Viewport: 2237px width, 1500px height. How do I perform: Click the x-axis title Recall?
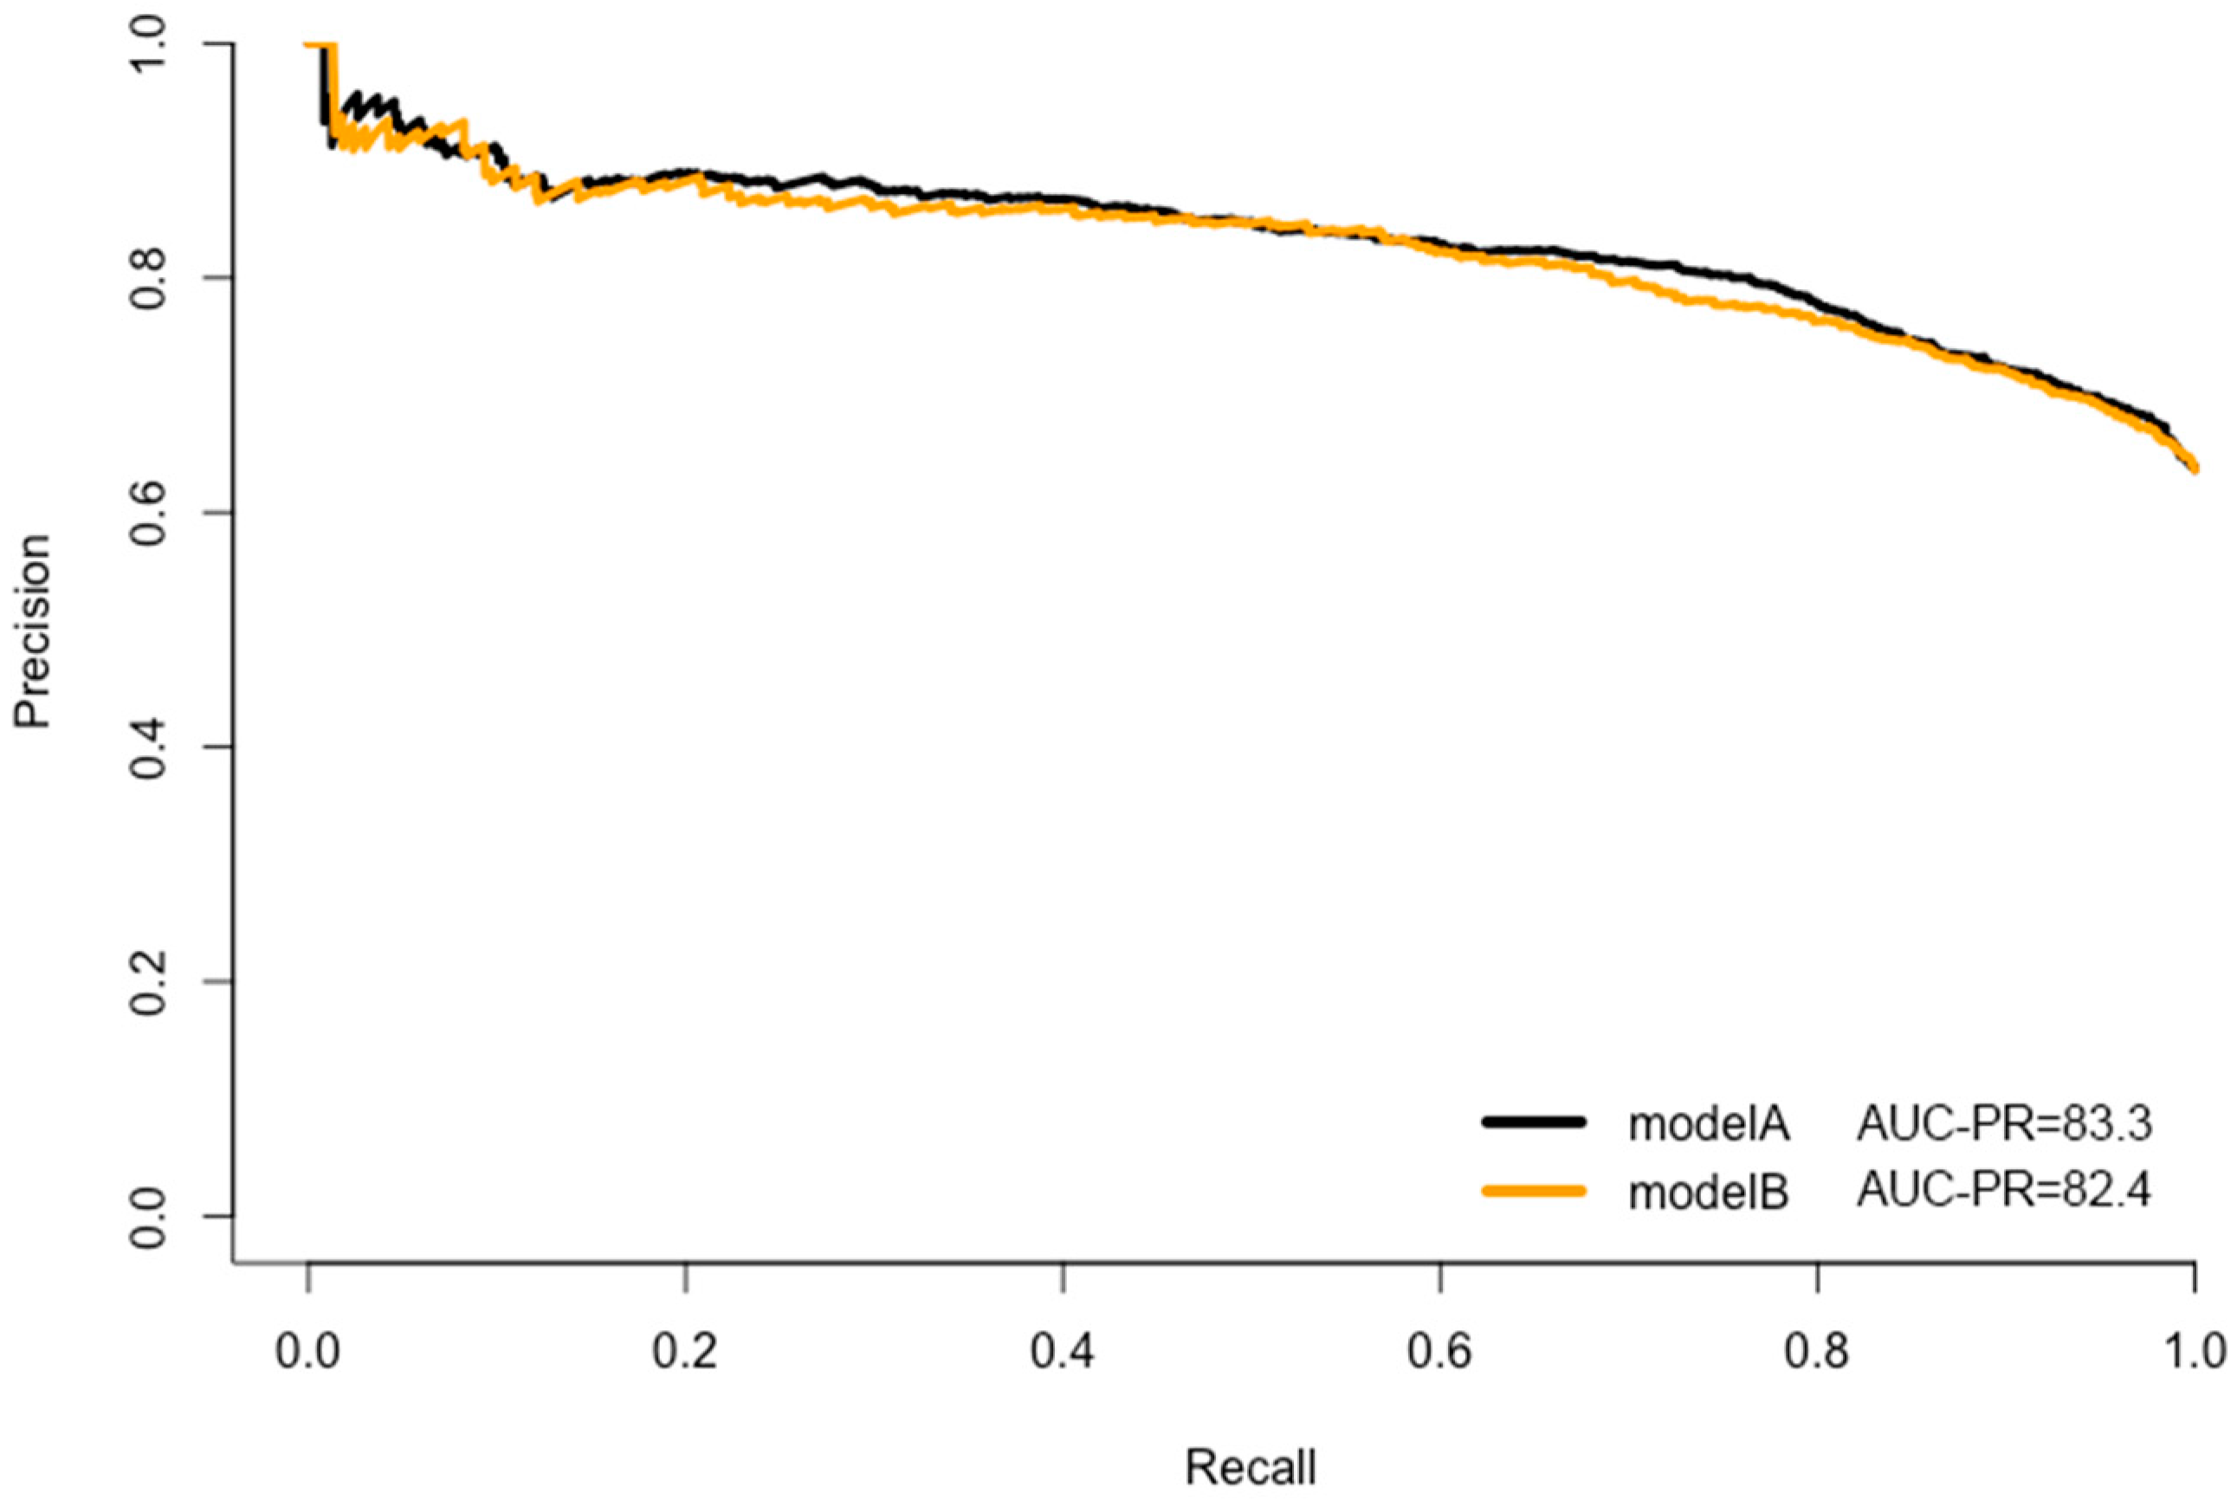[1250, 1466]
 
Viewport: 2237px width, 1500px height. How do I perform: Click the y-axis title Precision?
[33, 631]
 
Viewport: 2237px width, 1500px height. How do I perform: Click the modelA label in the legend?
[1708, 1124]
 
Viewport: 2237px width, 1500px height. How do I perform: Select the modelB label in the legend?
[1708, 1193]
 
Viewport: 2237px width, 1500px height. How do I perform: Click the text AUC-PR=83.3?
[2004, 1124]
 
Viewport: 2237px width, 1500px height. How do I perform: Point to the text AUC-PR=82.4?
[2004, 1191]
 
